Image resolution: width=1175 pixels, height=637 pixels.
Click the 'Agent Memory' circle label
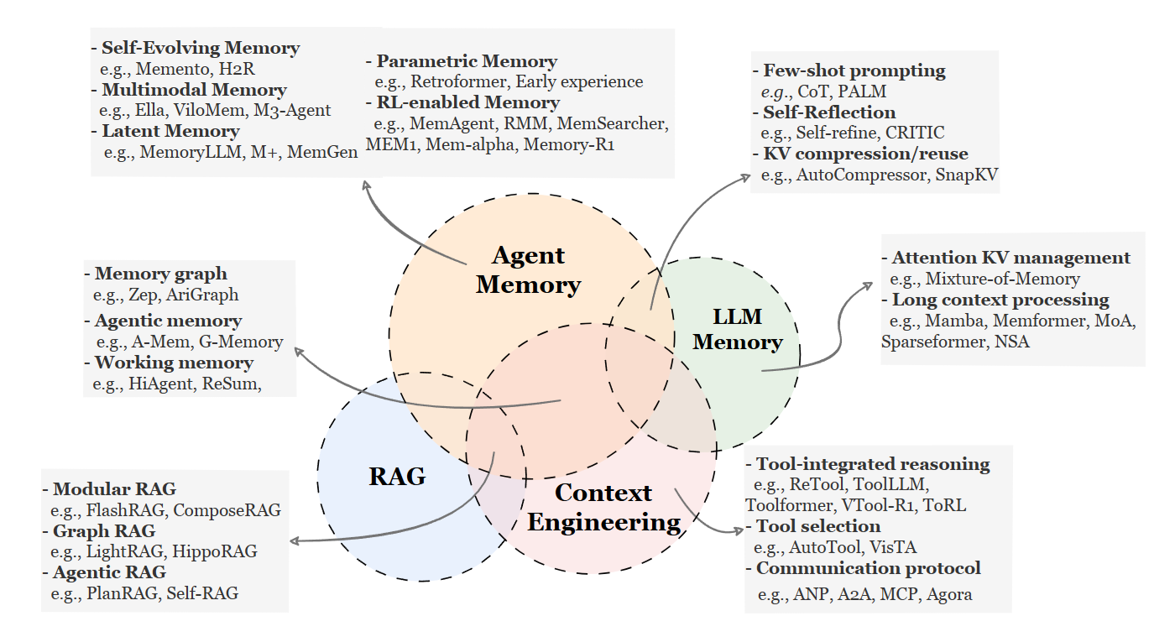pyautogui.click(x=528, y=270)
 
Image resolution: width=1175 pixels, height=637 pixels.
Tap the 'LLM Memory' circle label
pyautogui.click(x=738, y=329)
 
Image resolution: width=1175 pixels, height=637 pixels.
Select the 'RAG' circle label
pyautogui.click(x=397, y=477)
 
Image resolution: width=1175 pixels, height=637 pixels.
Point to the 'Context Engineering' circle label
pyautogui.click(x=603, y=508)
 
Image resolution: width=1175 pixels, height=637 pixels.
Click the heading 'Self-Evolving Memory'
pyautogui.click(x=201, y=48)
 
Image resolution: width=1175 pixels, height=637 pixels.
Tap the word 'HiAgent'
pyautogui.click(x=161, y=384)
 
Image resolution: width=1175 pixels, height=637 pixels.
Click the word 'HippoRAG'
pyautogui.click(x=215, y=551)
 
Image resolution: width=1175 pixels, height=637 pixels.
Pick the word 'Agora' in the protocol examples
pyautogui.click(x=949, y=594)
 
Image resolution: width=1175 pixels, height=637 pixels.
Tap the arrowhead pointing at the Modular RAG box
pyautogui.click(x=295, y=541)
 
